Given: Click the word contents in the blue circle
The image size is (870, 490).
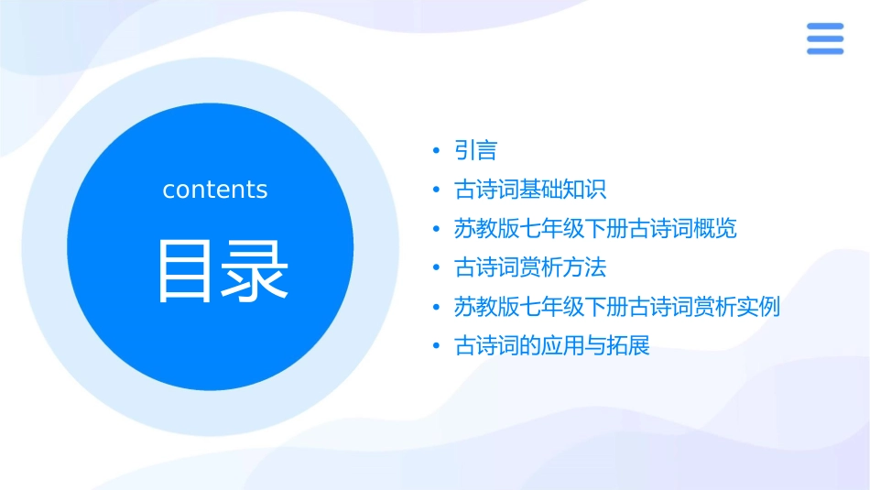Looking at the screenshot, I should tap(215, 190).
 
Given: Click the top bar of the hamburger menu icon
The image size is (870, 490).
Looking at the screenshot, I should tap(824, 27).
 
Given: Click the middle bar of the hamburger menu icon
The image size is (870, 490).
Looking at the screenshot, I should tap(824, 38).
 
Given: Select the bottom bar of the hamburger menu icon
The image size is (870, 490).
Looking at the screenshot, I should tap(824, 51).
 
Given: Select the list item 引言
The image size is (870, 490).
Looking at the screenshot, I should tap(475, 150).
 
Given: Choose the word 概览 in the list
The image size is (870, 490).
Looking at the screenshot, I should tap(715, 229).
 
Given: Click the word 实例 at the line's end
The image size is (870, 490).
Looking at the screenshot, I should tap(758, 307).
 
